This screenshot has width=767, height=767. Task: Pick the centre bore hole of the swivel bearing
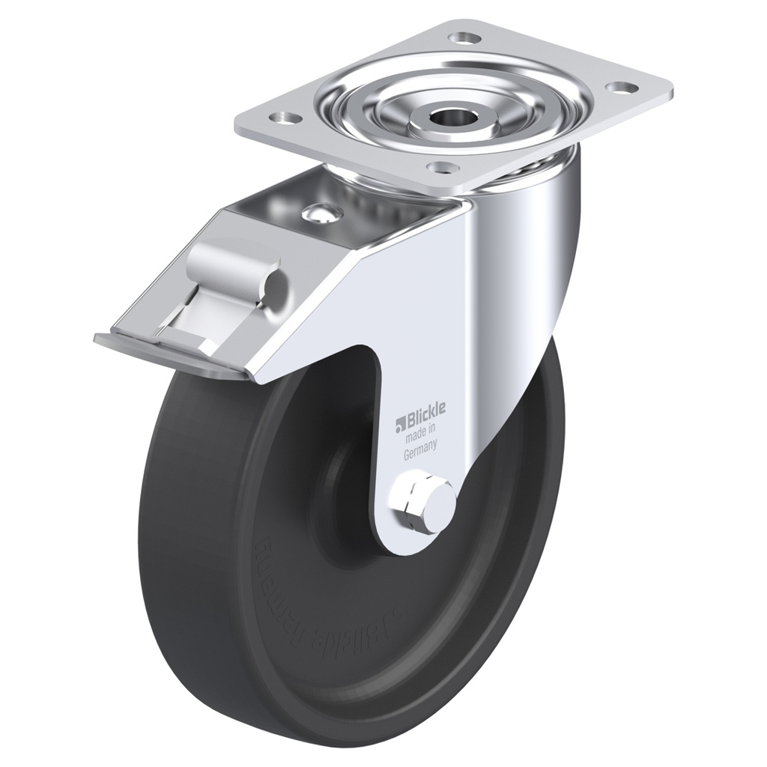[451, 116]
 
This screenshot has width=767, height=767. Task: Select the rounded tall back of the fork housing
[532, 247]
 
